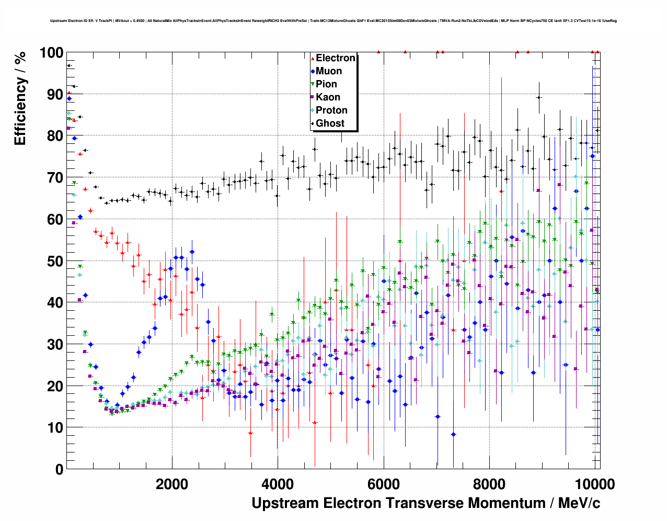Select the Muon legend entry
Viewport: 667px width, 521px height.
coord(328,71)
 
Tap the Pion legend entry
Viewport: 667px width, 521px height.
coord(326,84)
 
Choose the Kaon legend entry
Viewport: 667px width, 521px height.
coord(328,97)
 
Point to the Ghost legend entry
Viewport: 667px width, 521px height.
coord(330,123)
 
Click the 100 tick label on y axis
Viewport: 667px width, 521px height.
coord(51,53)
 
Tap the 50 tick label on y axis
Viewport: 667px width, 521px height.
coord(55,261)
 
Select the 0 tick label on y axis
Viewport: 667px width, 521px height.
coord(59,469)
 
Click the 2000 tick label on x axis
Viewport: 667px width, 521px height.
coord(172,484)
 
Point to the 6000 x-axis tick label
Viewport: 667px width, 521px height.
coord(384,484)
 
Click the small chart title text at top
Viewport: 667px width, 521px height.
coord(333,21)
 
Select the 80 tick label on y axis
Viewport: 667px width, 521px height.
coord(55,136)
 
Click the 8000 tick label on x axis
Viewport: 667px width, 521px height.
coord(489,484)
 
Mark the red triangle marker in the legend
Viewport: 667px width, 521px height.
coord(313,58)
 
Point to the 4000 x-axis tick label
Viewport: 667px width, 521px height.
coord(278,484)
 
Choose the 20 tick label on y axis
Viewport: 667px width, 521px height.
coord(55,386)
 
